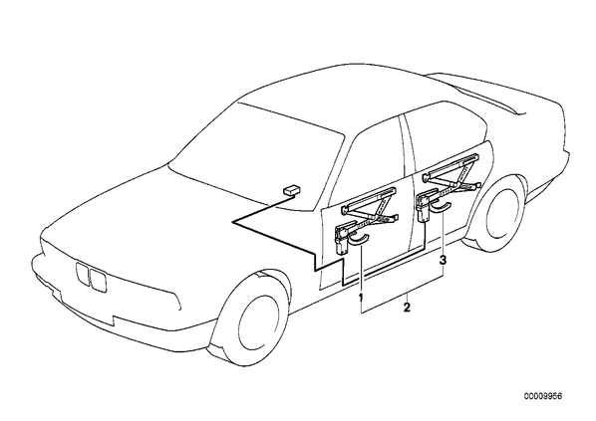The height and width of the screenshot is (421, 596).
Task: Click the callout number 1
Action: coord(361,297)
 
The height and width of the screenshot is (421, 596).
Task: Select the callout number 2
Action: coord(407,307)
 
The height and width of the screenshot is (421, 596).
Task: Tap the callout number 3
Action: coord(443,261)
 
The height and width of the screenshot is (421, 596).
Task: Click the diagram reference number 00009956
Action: coord(543,396)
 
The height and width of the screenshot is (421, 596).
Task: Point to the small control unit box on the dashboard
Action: coord(292,190)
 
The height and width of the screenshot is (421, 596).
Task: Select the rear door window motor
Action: coord(424,207)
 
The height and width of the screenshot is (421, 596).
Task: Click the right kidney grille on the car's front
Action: coord(98,279)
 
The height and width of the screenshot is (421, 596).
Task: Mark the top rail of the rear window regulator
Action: coord(450,165)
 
